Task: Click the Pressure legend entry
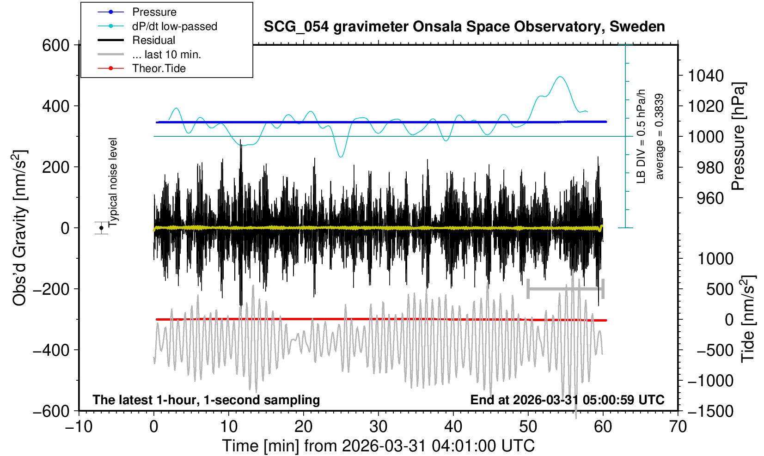tap(154, 12)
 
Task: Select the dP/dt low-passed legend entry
tap(174, 26)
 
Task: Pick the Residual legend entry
tap(153, 40)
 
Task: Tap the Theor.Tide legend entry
tap(159, 68)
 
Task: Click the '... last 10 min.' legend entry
tap(166, 55)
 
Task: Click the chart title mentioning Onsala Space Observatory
tap(464, 27)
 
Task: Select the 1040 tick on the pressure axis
tap(706, 76)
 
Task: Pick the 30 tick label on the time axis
tap(378, 426)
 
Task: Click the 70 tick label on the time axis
tap(678, 426)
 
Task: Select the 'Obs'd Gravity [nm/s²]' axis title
tap(20, 228)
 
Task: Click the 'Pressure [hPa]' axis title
tap(738, 137)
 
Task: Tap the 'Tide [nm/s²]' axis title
tap(747, 319)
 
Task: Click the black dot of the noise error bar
tap(101, 228)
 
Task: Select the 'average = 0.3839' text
tap(660, 137)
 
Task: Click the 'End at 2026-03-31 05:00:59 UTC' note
tap(567, 400)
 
